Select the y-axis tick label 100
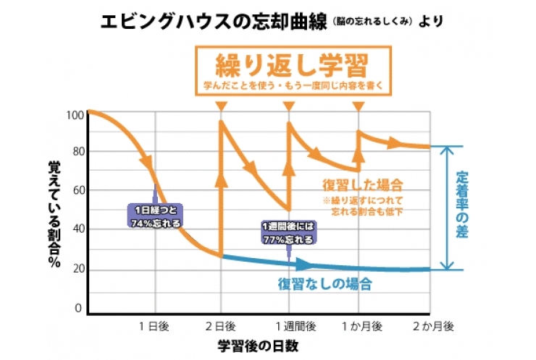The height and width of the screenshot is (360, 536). click(75, 114)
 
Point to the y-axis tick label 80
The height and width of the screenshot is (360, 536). click(76, 153)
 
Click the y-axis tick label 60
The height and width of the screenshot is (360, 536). click(76, 192)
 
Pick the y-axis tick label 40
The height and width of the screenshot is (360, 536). click(76, 231)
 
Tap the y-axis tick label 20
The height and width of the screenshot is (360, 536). click(76, 270)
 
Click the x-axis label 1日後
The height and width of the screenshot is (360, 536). click(154, 327)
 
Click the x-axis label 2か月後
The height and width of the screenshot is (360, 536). click(432, 327)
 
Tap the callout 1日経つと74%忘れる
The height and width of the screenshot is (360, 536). click(155, 216)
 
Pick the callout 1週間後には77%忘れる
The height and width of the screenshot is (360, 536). click(288, 232)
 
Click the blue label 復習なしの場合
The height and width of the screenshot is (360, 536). click(325, 283)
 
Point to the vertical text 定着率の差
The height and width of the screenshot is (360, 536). click(463, 207)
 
